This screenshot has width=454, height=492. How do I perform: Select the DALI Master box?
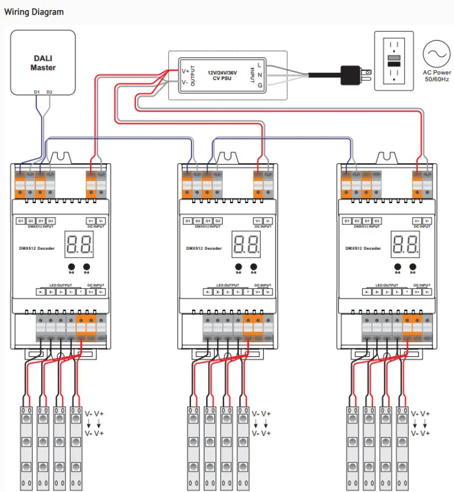tap(43, 62)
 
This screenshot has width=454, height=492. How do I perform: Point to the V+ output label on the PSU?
tap(185, 72)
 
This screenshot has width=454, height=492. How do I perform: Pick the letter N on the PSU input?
tap(260, 74)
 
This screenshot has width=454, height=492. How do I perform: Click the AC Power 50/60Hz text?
tap(437, 76)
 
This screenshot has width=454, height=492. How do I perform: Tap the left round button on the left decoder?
tap(72, 267)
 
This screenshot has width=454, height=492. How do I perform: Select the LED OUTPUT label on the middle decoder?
tap(227, 285)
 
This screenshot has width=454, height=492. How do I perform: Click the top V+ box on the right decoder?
tap(417, 221)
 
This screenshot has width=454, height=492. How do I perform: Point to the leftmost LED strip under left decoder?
tap(27, 448)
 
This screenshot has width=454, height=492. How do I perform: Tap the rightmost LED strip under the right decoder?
tap(402, 448)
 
